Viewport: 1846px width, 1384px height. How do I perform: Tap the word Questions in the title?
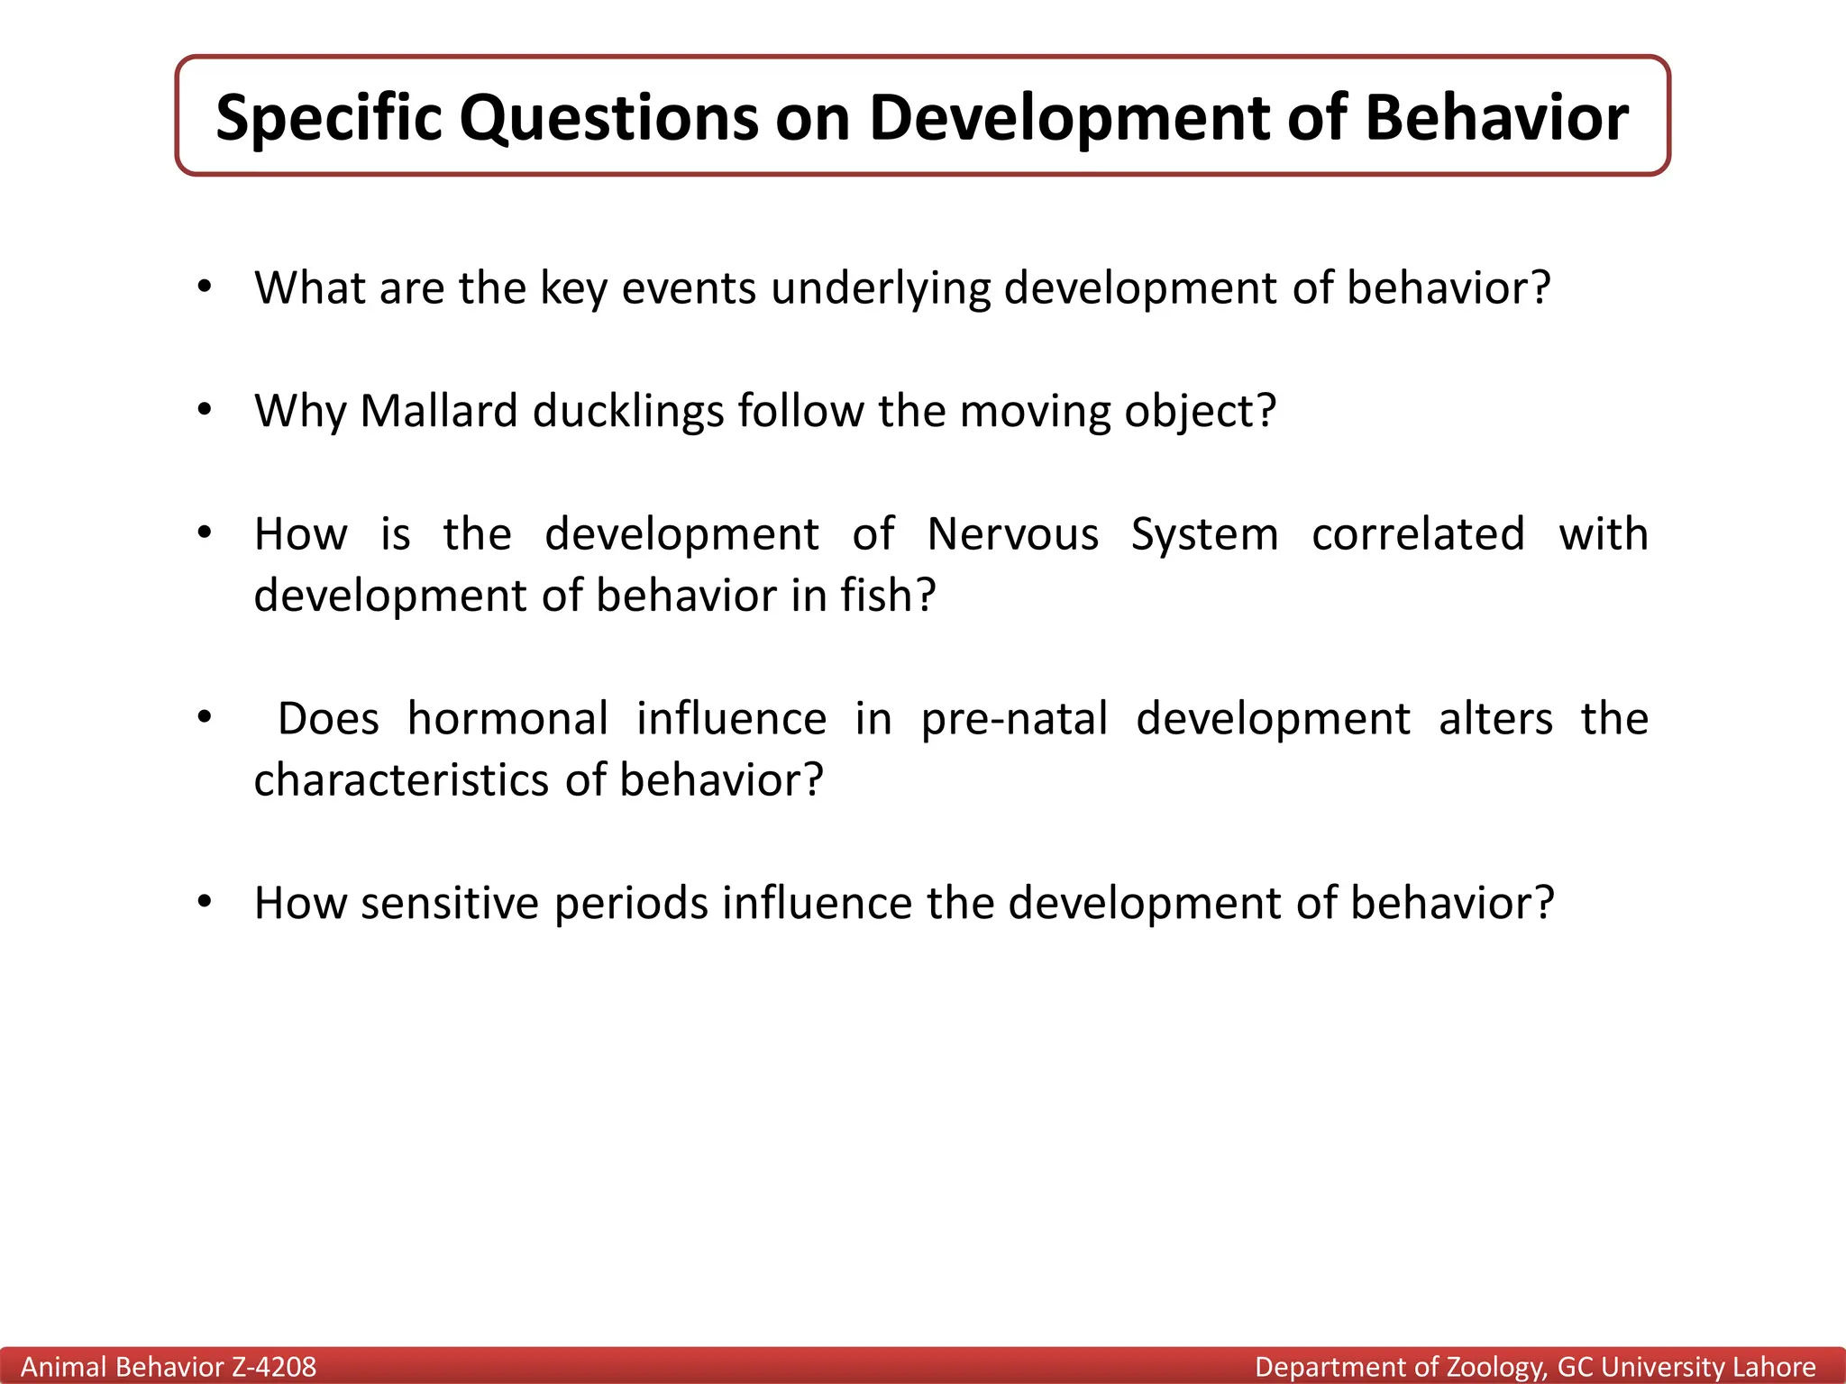[609, 118]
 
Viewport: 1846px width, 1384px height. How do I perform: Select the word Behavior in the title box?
[1497, 118]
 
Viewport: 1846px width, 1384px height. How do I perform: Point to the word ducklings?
[628, 412]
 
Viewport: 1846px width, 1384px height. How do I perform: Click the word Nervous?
[1013, 534]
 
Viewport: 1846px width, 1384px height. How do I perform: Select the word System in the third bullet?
[1205, 534]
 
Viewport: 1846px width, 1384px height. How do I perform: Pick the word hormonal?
[507, 719]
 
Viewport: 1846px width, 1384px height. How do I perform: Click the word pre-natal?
[1014, 719]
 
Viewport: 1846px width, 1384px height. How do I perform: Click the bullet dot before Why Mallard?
[205, 411]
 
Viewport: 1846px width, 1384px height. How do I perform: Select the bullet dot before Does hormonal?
[205, 718]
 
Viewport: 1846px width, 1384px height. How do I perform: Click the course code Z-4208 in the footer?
[274, 1367]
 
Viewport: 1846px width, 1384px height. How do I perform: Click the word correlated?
[1418, 534]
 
